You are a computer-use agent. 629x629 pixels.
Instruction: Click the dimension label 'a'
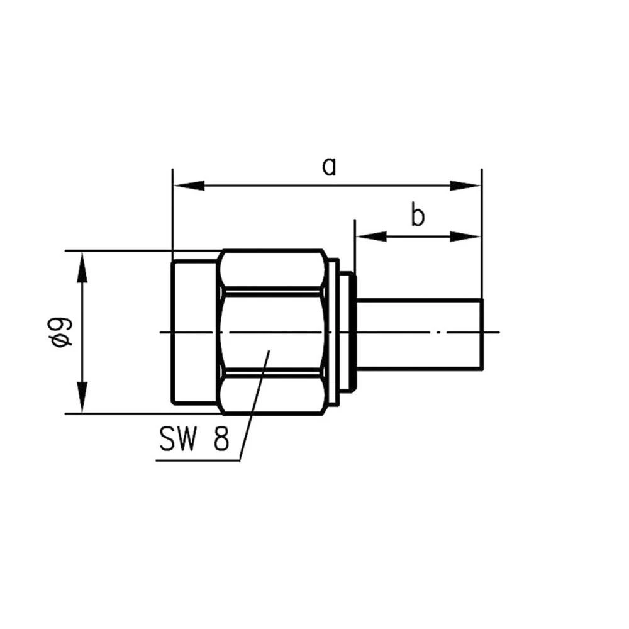click(x=329, y=167)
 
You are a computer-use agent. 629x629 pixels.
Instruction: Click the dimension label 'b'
click(x=418, y=216)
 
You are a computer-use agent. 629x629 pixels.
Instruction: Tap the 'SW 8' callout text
click(x=194, y=439)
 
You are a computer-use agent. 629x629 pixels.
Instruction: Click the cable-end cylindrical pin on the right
click(x=418, y=333)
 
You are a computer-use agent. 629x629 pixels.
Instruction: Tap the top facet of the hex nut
click(x=272, y=269)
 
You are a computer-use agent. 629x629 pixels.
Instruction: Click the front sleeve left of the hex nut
click(x=194, y=331)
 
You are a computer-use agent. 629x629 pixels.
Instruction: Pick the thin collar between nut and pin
click(x=347, y=331)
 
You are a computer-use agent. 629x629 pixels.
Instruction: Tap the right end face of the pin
click(x=482, y=333)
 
